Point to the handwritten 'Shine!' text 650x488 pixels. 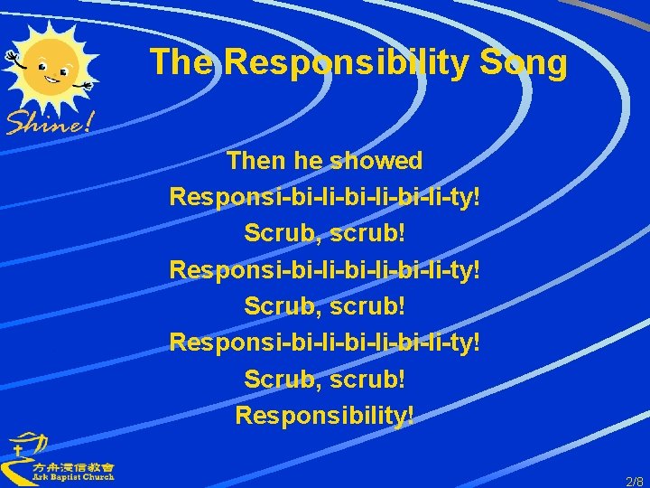click(50, 120)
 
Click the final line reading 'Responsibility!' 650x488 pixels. click(325, 415)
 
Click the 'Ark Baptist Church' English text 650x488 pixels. click(73, 476)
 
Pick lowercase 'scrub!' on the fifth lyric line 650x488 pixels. click(368, 306)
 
